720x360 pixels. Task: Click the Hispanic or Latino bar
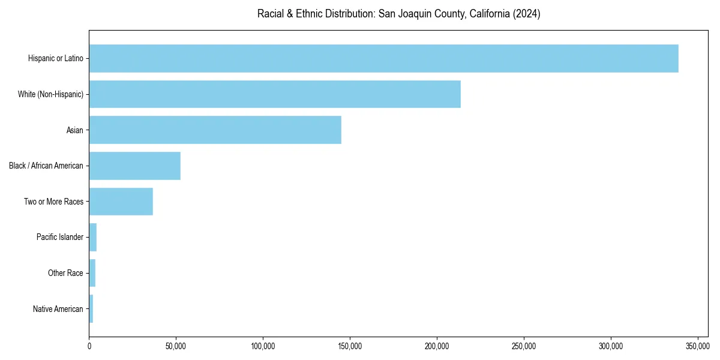point(384,58)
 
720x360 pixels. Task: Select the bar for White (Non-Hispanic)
point(275,94)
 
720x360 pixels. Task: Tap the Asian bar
point(215,130)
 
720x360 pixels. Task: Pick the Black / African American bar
point(135,166)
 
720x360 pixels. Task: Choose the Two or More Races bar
point(121,202)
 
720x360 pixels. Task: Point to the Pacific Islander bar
point(93,237)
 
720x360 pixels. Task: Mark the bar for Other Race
point(92,273)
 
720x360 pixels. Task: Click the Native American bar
point(91,309)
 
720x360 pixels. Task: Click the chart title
point(398,14)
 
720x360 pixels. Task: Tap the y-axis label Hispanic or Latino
point(56,58)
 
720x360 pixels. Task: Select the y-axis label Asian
point(75,130)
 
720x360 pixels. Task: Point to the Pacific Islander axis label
point(60,238)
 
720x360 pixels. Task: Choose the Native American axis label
point(58,309)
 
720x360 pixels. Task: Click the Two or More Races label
point(54,202)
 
